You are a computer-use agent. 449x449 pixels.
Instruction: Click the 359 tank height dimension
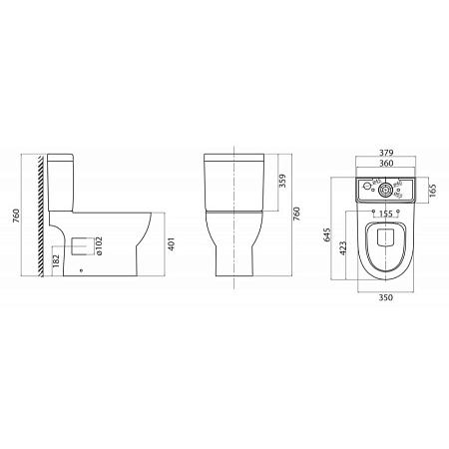tap(283, 181)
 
